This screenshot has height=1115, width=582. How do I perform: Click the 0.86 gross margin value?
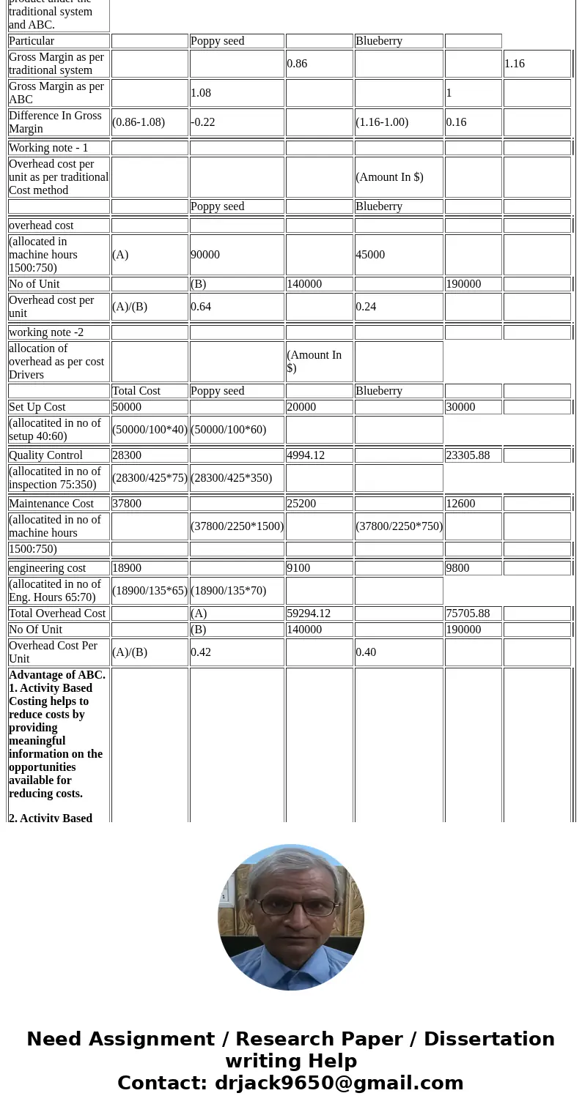click(298, 64)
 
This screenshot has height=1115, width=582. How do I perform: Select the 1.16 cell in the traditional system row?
click(515, 64)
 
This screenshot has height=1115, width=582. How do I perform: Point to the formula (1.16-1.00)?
click(382, 122)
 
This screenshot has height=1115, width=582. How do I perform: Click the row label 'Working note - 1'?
click(48, 148)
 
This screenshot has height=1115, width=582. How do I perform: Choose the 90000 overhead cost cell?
click(205, 255)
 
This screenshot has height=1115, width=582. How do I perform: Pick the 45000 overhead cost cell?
click(370, 255)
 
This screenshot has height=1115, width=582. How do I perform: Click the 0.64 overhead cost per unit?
click(201, 307)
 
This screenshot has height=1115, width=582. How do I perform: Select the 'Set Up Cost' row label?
click(37, 407)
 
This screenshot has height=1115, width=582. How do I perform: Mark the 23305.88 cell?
click(468, 455)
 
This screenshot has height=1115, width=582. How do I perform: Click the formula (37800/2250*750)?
click(399, 526)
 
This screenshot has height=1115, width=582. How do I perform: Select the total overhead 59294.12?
click(309, 614)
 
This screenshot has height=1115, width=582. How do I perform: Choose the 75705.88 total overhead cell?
click(468, 614)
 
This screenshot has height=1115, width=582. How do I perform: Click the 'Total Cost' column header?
click(136, 391)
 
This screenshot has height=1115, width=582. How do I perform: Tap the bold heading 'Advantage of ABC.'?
click(57, 675)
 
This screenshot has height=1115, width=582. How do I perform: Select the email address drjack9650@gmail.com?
click(339, 1083)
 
